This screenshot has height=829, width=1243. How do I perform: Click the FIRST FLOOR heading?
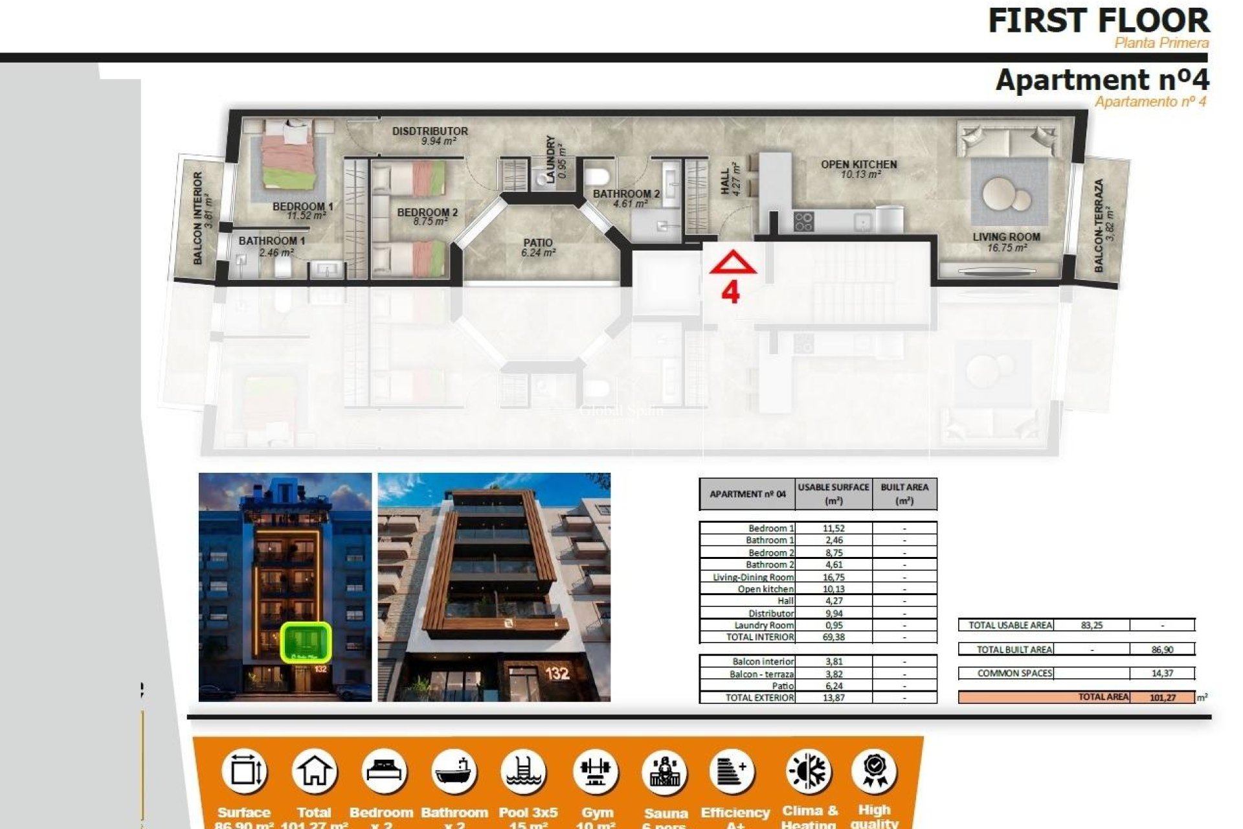(x=1098, y=21)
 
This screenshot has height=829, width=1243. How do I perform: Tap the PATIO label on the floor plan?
(x=538, y=244)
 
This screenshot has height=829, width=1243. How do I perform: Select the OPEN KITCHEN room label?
(x=858, y=165)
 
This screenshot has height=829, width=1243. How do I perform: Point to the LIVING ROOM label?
(x=1006, y=237)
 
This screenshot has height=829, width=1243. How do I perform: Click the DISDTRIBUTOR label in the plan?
(x=430, y=131)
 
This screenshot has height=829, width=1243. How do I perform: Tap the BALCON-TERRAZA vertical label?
(x=1099, y=225)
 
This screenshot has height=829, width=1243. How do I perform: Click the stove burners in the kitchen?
(x=803, y=221)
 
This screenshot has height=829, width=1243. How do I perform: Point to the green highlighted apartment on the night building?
(x=306, y=642)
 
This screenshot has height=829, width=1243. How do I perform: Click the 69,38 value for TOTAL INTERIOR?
(x=834, y=637)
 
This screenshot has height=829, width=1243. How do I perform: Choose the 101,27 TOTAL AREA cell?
(x=1163, y=698)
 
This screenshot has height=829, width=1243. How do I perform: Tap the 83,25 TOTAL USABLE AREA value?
(x=1092, y=626)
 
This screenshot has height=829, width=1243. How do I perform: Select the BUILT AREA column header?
(x=904, y=494)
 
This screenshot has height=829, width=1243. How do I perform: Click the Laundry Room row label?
(x=763, y=626)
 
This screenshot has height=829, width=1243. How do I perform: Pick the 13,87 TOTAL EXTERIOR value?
(x=834, y=698)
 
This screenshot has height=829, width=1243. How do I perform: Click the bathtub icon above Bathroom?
(x=454, y=771)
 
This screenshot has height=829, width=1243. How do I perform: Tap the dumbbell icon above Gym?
(x=596, y=771)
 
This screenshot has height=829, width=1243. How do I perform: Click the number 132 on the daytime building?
(x=557, y=674)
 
